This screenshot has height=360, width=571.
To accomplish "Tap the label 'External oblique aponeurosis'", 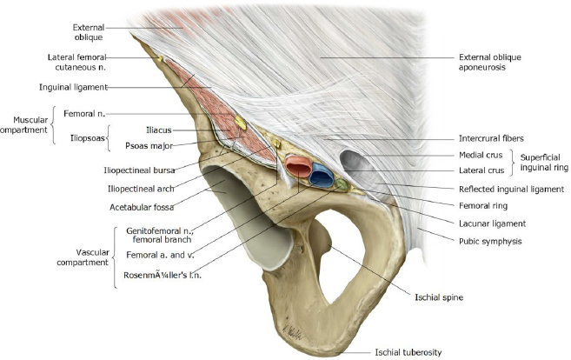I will click(x=491, y=63).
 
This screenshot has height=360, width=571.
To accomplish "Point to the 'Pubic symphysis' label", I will click(x=490, y=241).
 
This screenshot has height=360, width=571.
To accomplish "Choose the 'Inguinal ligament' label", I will click(x=73, y=87).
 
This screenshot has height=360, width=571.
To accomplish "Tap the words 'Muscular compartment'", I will click(x=28, y=125).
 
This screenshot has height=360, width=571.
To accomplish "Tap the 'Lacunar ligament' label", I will click(x=488, y=223).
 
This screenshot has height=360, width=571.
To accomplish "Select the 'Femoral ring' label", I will click(x=483, y=206).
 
